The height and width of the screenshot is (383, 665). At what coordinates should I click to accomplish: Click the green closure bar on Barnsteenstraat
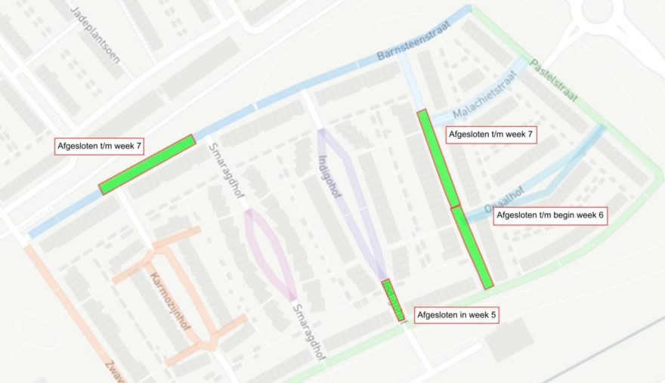147,164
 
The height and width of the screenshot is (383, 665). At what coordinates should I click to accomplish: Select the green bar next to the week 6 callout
472,247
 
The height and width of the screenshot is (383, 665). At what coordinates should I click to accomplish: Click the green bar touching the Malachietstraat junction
438,158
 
